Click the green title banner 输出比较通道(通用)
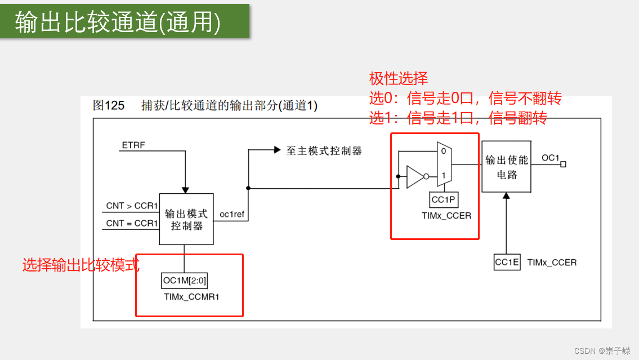(124, 21)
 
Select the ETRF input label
(133, 145)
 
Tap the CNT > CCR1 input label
(132, 206)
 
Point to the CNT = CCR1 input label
(132, 223)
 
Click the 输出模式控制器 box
(186, 220)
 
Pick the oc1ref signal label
(232, 214)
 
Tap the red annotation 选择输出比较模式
(81, 265)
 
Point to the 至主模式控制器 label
(324, 150)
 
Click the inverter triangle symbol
(415, 176)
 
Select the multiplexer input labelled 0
(444, 151)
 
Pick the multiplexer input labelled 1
(444, 176)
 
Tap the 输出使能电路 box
(506, 167)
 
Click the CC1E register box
(507, 262)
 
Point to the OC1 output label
(550, 158)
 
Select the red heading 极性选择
(398, 78)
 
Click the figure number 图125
(109, 105)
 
